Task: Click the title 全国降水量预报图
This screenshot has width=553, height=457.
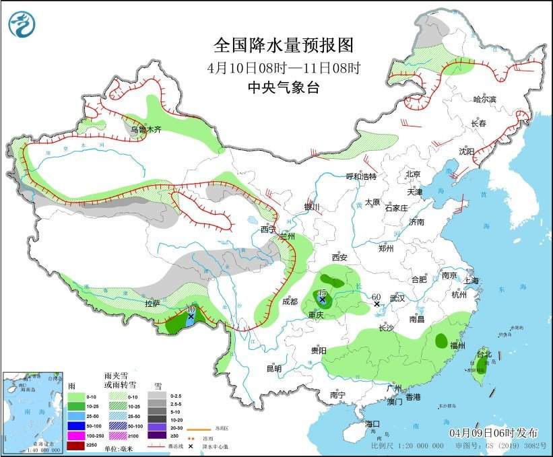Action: tap(283, 45)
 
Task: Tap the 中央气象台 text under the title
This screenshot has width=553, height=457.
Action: tap(283, 87)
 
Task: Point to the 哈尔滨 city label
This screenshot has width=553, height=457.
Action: tap(484, 100)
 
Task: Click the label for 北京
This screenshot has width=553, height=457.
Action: tap(413, 174)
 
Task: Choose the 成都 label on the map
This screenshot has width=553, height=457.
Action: tap(290, 302)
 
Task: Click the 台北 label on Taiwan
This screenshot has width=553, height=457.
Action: tap(484, 353)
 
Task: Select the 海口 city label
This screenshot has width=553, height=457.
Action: tap(373, 423)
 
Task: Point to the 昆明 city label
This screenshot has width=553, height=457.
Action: tap(273, 368)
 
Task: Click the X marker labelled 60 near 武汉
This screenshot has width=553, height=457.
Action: tap(377, 304)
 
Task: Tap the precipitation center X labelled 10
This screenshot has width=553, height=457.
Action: tap(191, 316)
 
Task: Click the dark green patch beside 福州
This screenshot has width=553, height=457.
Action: tap(441, 341)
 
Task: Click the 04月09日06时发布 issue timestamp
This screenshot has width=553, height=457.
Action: tap(494, 431)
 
